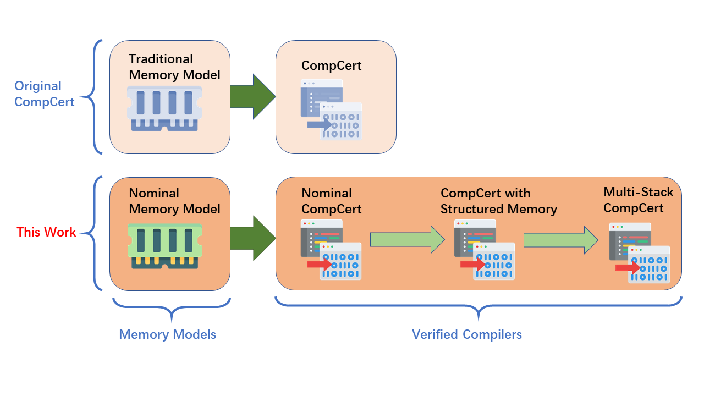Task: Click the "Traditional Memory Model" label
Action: tap(174, 67)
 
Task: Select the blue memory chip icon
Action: tap(165, 108)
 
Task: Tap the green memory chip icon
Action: tap(165, 245)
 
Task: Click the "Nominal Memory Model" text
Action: tap(174, 201)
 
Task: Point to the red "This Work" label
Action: tap(46, 232)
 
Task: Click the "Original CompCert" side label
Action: tap(45, 94)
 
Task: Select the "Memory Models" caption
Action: tap(167, 334)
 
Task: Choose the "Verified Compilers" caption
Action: tap(467, 334)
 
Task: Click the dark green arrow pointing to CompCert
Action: tap(252, 96)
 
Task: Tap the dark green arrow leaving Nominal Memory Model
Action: tap(252, 238)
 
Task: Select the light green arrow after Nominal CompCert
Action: tap(407, 240)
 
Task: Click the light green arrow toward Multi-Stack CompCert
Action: tap(560, 240)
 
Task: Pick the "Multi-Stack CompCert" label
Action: tap(638, 200)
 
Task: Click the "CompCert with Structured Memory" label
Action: tap(498, 201)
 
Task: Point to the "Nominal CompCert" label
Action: tap(332, 201)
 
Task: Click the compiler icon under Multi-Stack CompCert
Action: tap(639, 252)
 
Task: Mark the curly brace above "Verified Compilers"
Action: tap(478, 307)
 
